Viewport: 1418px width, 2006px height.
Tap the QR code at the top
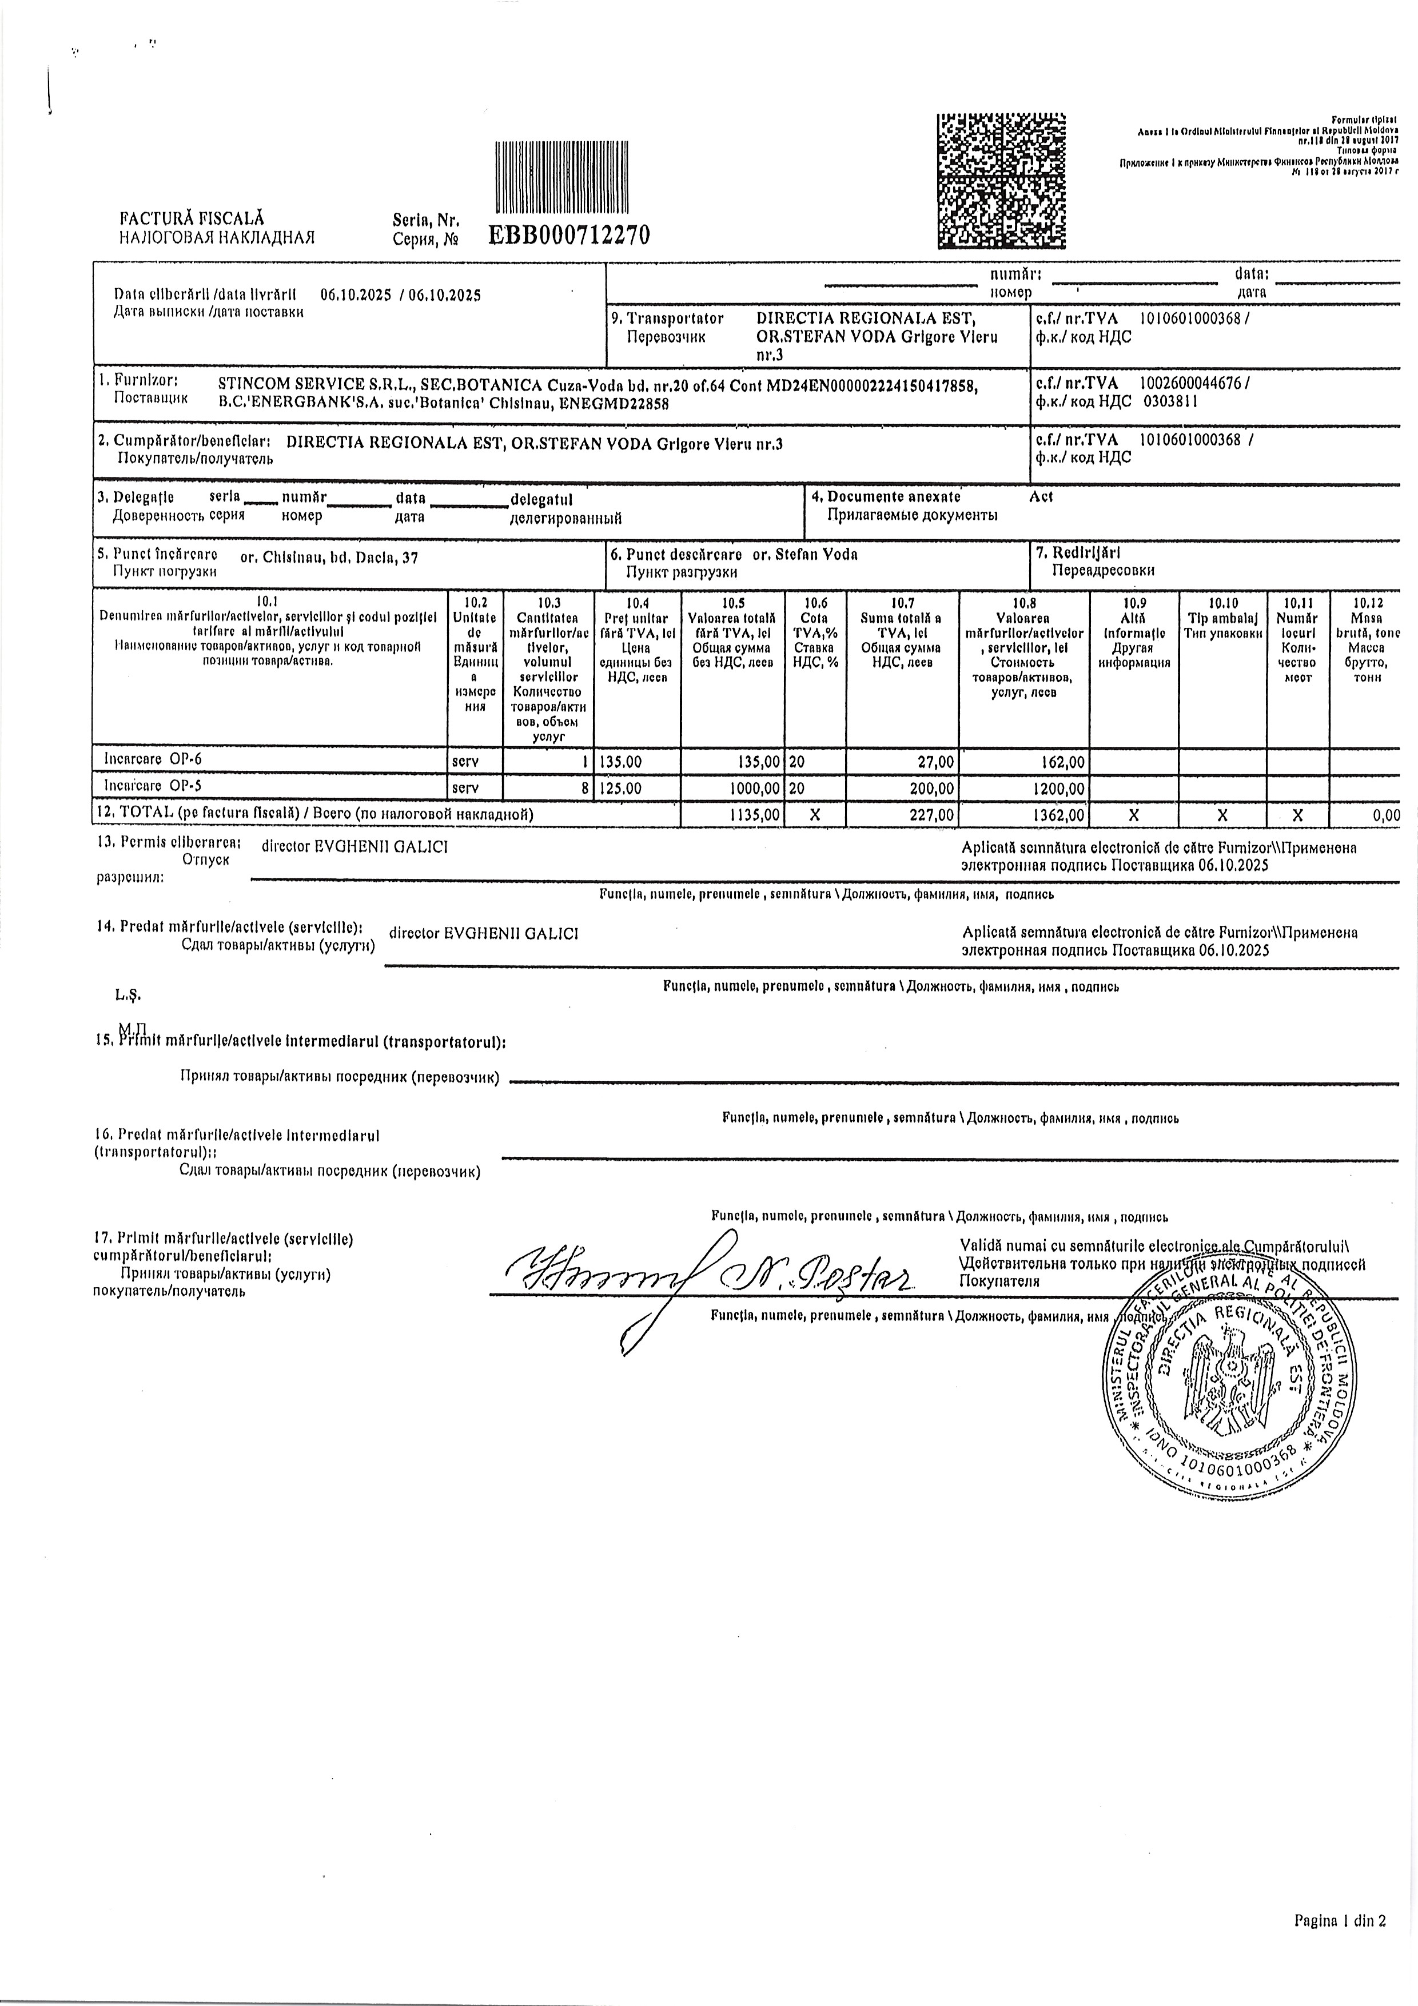[1001, 181]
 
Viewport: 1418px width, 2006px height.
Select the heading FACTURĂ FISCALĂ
[192, 219]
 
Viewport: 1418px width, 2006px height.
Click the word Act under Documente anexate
[1041, 497]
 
